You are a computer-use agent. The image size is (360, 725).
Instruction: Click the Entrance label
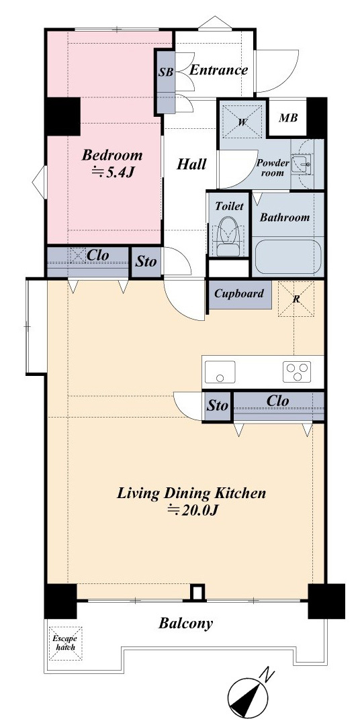[x=219, y=70]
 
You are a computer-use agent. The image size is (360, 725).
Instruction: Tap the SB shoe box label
[x=166, y=72]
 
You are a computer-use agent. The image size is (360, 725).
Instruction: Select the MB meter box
[x=288, y=117]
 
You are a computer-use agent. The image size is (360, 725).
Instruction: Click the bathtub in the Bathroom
[x=288, y=257]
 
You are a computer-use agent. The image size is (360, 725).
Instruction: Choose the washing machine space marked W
[x=242, y=122]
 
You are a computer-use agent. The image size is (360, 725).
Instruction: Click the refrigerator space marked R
[x=296, y=299]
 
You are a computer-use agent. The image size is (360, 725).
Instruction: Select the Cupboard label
[x=239, y=293]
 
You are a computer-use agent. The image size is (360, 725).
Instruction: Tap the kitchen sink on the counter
[x=220, y=372]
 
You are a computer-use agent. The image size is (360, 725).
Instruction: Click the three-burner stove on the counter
[x=297, y=372]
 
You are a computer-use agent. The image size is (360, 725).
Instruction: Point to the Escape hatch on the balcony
[x=66, y=643]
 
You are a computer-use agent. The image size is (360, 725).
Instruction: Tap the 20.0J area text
[x=191, y=510]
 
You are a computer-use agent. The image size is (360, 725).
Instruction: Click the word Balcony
[x=186, y=623]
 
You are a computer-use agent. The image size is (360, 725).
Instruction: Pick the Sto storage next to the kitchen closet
[x=217, y=406]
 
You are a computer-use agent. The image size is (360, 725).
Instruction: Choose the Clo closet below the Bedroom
[x=87, y=262]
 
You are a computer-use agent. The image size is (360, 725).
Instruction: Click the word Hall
[x=191, y=164]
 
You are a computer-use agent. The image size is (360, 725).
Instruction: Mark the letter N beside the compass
[x=267, y=675]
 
